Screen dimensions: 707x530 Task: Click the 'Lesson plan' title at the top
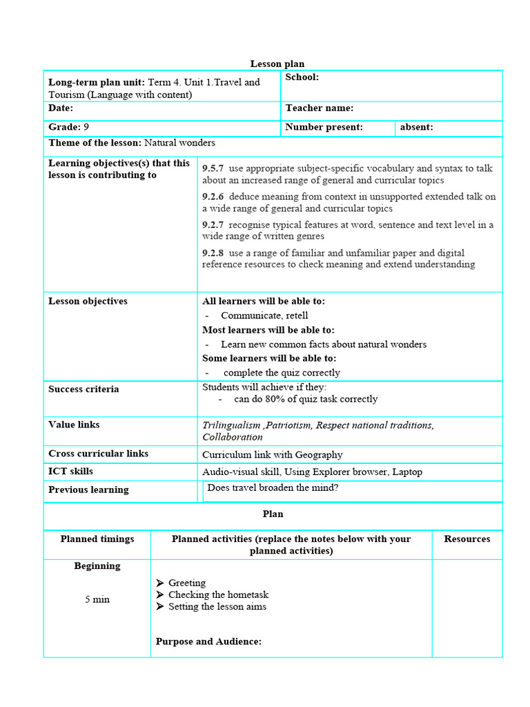(x=277, y=64)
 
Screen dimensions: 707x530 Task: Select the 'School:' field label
(x=302, y=77)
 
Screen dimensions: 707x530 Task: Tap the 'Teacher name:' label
(x=320, y=108)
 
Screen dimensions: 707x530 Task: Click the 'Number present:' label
(x=324, y=127)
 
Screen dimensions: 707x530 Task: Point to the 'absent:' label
(x=416, y=127)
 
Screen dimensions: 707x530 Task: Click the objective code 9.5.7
(x=213, y=168)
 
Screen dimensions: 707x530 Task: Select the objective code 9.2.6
(x=213, y=197)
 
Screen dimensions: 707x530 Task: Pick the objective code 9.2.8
(x=213, y=253)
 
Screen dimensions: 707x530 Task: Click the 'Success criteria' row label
(x=84, y=389)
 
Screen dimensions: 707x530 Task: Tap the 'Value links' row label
(x=74, y=425)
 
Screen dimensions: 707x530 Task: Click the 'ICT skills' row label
(x=70, y=472)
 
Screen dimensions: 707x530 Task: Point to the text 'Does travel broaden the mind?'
(x=273, y=488)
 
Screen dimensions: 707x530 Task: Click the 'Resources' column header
(x=467, y=539)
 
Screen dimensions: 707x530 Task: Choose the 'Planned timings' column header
(x=97, y=539)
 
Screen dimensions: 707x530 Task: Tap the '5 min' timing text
(x=97, y=599)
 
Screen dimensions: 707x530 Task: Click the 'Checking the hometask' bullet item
(x=218, y=594)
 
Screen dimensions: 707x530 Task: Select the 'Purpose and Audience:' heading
(x=208, y=641)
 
